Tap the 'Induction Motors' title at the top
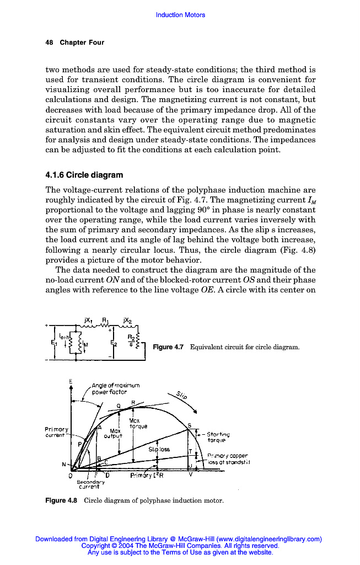[x=180, y=15]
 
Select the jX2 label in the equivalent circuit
[x=128, y=321]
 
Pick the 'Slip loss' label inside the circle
[x=159, y=449]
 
